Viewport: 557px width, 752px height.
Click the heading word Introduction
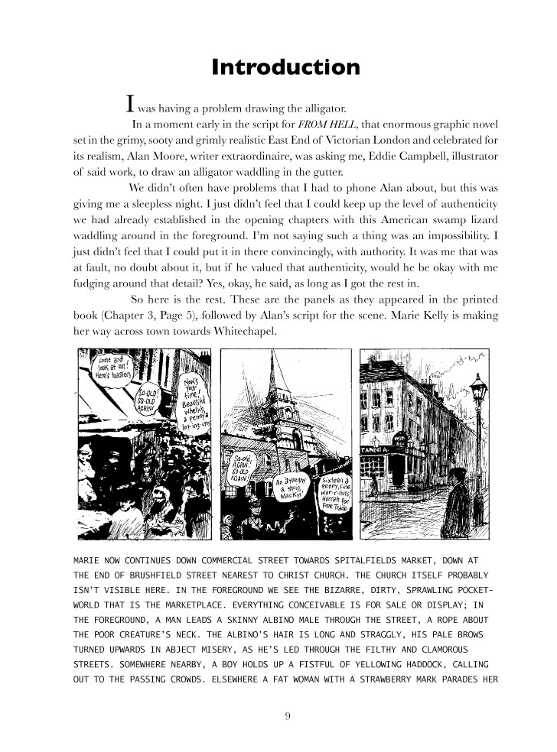click(285, 66)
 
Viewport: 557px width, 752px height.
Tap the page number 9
click(286, 716)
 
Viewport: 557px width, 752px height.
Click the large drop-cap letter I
click(131, 102)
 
